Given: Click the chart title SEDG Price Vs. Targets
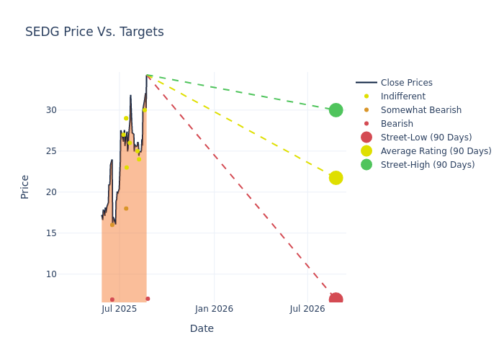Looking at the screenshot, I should coord(94,32).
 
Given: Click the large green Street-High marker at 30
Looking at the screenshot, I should coord(336,110).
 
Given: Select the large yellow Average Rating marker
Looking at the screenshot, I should coord(336,178).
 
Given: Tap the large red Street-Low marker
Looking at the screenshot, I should coord(336,300).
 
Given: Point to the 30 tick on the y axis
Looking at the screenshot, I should coord(91,110).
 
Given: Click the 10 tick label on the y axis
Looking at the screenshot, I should coord(91,274).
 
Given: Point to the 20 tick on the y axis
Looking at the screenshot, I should coord(91,192).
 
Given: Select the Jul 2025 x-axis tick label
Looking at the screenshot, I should coord(120,309).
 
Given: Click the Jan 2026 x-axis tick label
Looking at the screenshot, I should coord(214,309).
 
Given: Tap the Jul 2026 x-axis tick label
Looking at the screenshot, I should coord(307,309).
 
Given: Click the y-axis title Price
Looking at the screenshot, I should coord(25,186).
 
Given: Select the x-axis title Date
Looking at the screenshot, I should coord(202,328).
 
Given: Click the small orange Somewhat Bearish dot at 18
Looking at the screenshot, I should coord(126,209).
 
